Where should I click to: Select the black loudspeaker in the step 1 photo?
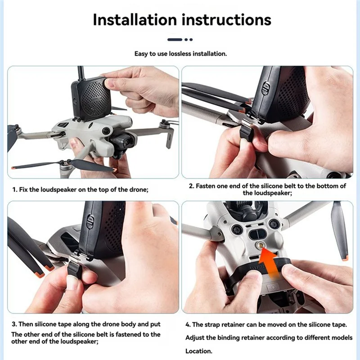pyautogui.click(x=91, y=98)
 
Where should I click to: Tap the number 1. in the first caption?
pyautogui.click(x=14, y=190)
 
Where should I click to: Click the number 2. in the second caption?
pyautogui.click(x=191, y=186)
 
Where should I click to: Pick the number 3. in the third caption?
pyautogui.click(x=14, y=324)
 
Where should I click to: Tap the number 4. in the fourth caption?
pyautogui.click(x=188, y=324)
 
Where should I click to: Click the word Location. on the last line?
pyautogui.click(x=198, y=351)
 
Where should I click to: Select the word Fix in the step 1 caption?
pyautogui.click(x=24, y=190)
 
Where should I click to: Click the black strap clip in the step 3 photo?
pyautogui.click(x=75, y=270)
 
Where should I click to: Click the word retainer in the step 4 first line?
pyautogui.click(x=230, y=324)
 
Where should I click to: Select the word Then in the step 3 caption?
pyautogui.click(x=27, y=324)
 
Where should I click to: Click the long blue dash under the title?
pyautogui.click(x=175, y=40)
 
